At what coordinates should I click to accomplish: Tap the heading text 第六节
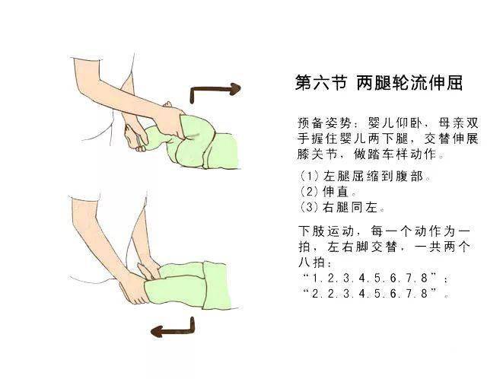point(320,83)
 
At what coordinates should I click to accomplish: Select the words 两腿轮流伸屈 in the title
point(409,83)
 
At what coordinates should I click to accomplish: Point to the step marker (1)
point(309,176)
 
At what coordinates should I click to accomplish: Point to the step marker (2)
point(309,191)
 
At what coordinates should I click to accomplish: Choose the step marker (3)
point(309,206)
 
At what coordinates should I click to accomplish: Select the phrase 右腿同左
point(350,206)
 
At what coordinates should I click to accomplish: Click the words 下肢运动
point(326,231)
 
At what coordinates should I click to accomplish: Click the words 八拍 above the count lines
point(311,262)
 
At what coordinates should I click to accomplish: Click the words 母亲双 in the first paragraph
point(458,123)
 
